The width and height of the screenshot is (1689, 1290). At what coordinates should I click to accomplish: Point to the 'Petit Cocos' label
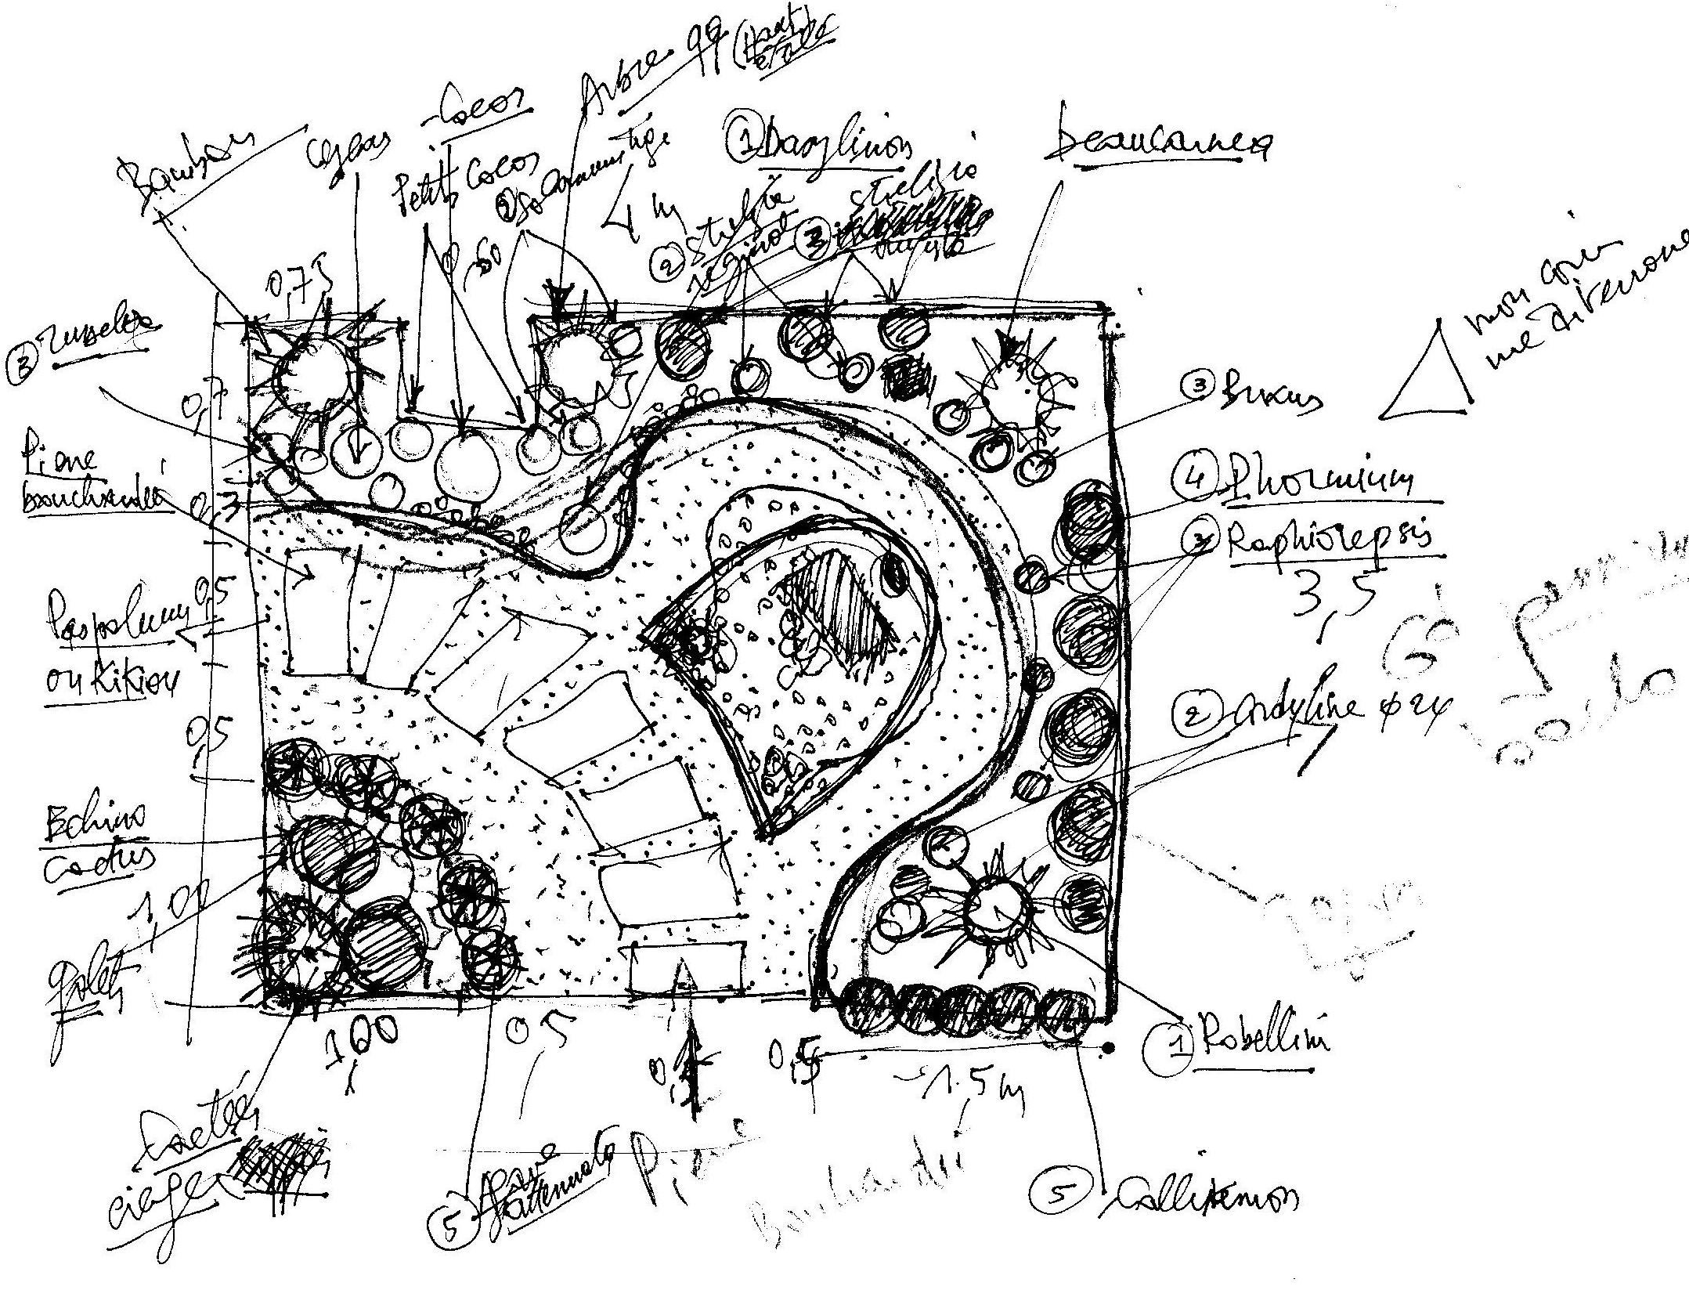click(x=462, y=188)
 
